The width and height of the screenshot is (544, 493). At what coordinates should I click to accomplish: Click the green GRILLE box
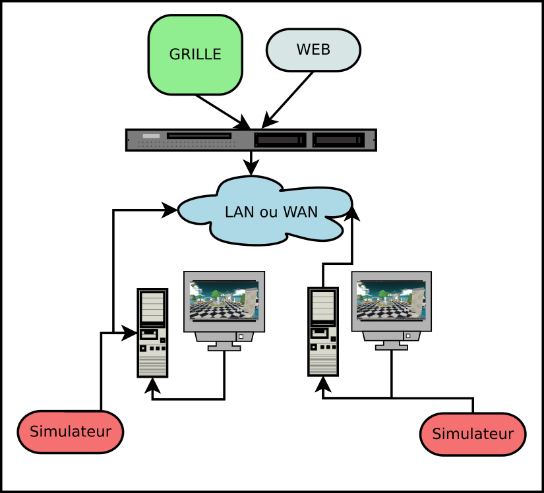point(195,55)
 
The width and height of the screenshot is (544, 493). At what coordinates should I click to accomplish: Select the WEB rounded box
point(313,49)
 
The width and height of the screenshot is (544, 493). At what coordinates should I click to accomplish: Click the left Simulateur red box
point(71,432)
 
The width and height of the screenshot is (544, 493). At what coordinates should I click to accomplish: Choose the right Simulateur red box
point(473,434)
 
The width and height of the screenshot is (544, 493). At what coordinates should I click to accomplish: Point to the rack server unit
point(251,140)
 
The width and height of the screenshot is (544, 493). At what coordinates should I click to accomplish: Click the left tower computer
point(152,333)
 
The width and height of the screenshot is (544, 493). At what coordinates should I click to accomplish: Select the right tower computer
point(322,332)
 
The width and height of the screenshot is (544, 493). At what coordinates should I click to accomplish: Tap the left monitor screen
point(224,301)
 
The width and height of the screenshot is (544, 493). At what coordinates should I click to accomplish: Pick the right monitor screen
point(391,301)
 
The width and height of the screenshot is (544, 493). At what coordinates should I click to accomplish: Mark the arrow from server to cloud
point(251,163)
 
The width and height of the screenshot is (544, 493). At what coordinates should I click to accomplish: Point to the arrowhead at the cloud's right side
point(353,213)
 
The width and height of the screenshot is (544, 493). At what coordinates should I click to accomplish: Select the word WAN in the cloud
point(300,212)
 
